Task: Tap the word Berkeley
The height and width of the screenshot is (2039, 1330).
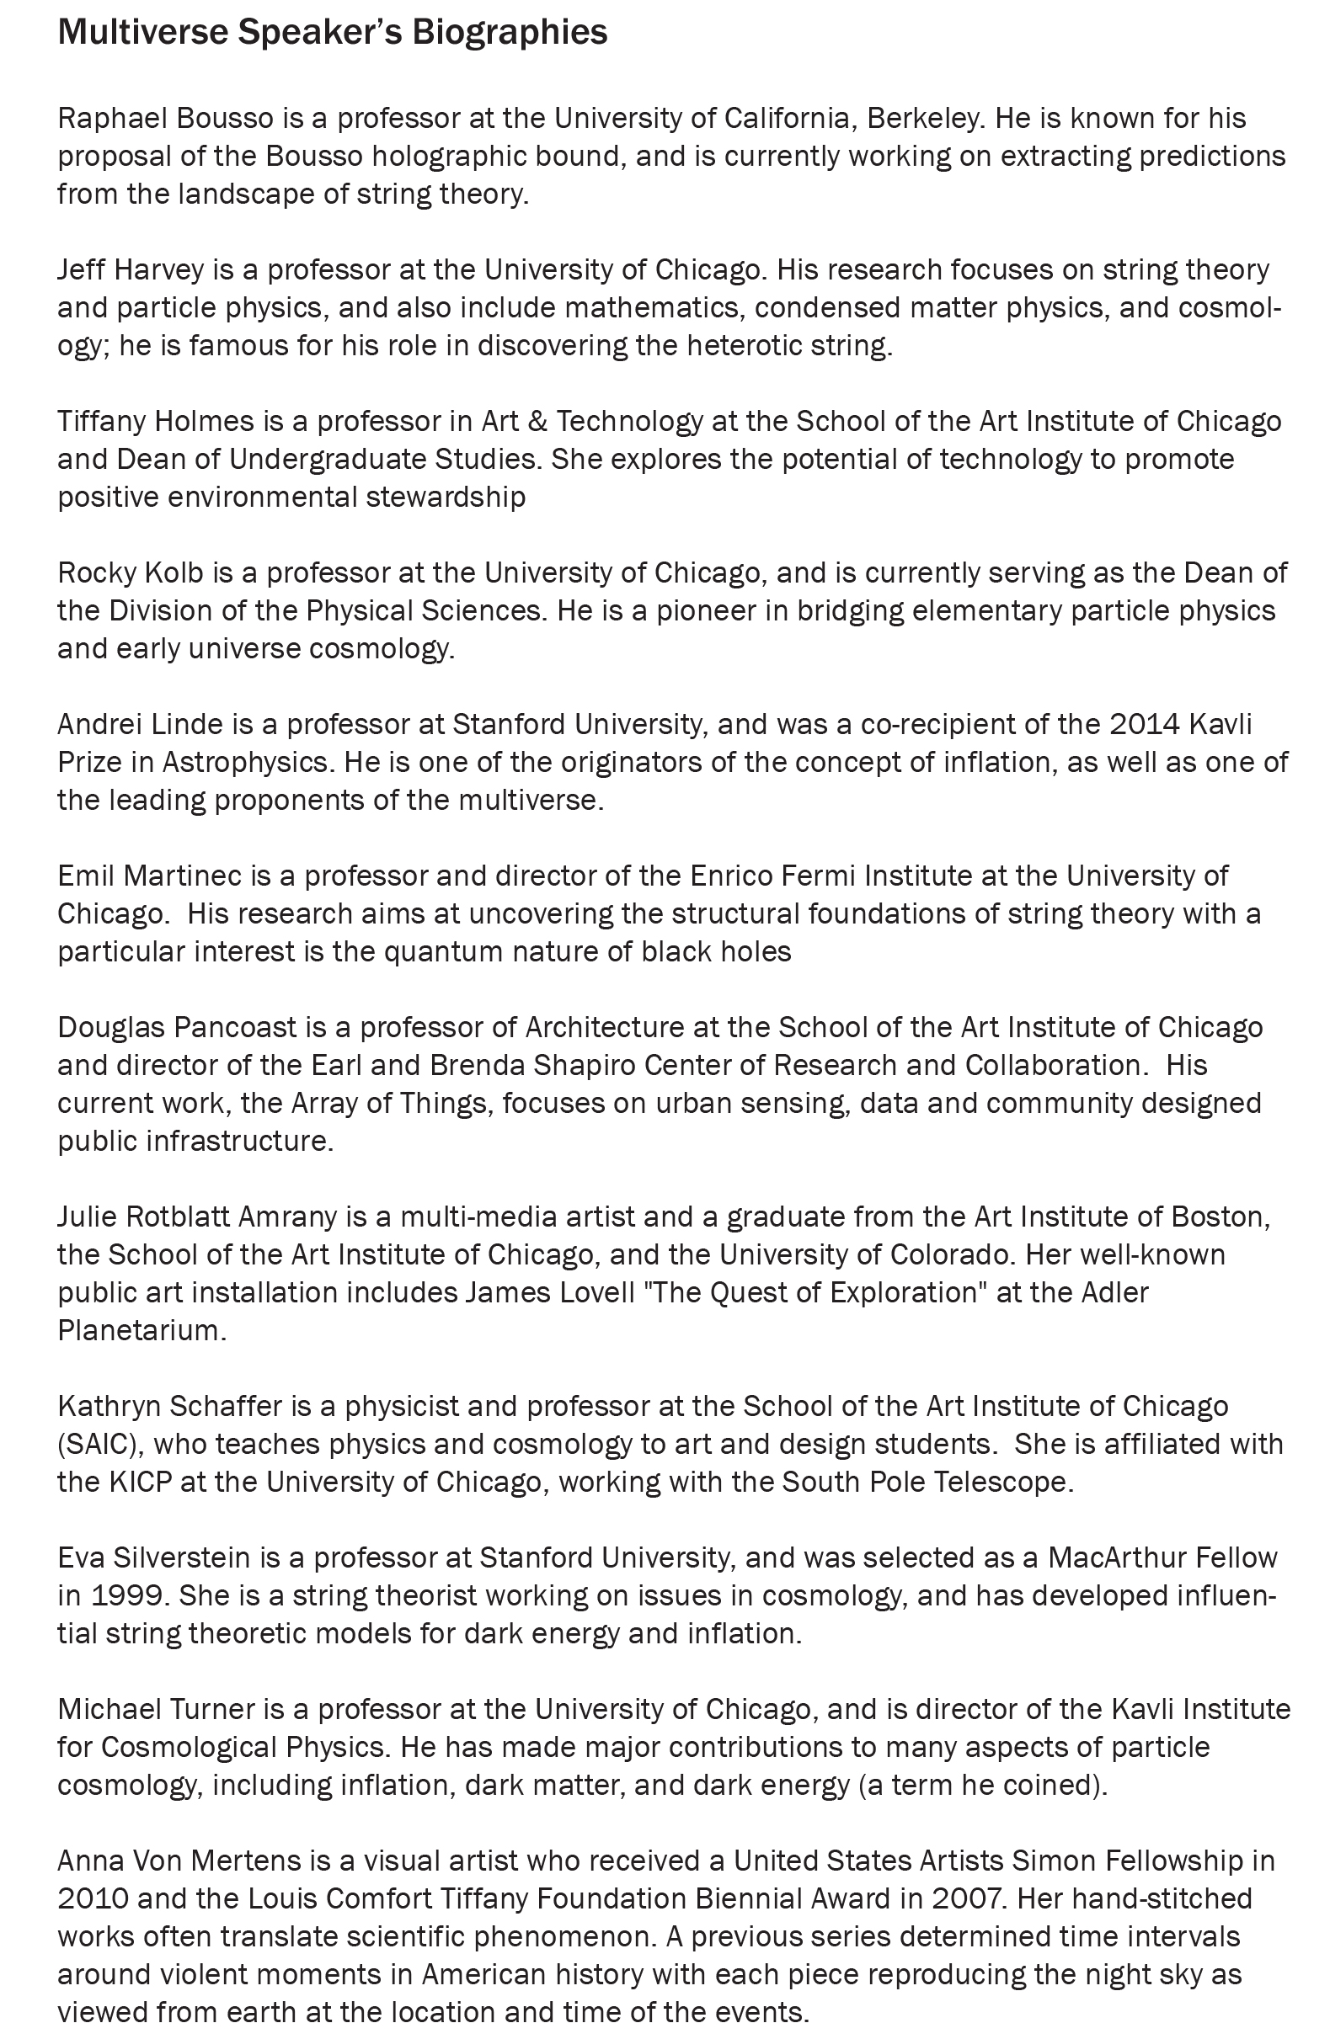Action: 924,117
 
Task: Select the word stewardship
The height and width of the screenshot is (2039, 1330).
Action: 445,497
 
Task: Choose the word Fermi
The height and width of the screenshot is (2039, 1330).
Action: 823,876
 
